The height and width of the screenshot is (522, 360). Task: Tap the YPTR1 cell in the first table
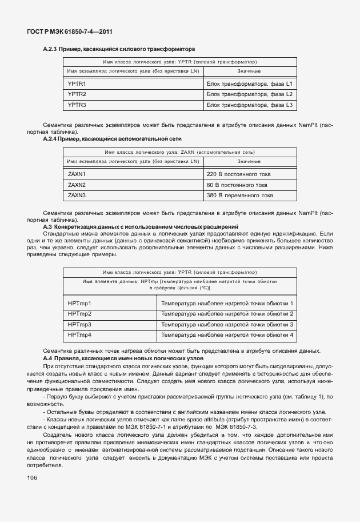[x=77, y=84]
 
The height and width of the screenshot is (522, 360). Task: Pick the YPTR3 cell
[x=77, y=105]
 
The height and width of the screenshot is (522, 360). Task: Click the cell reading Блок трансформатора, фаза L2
[x=249, y=94]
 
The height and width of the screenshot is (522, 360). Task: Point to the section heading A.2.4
[x=112, y=139]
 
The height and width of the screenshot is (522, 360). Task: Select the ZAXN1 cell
[x=77, y=174]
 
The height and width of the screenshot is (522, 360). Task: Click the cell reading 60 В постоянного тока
[x=237, y=185]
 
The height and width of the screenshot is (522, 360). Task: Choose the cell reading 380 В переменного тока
[x=239, y=196]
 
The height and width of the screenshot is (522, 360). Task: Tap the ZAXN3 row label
[x=77, y=196]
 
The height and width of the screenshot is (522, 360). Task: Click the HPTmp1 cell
[x=79, y=303]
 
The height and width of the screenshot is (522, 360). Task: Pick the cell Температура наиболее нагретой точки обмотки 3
[x=227, y=324]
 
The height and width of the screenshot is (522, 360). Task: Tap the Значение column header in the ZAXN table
[x=249, y=162]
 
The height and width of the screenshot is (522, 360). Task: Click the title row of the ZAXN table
[x=179, y=153]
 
